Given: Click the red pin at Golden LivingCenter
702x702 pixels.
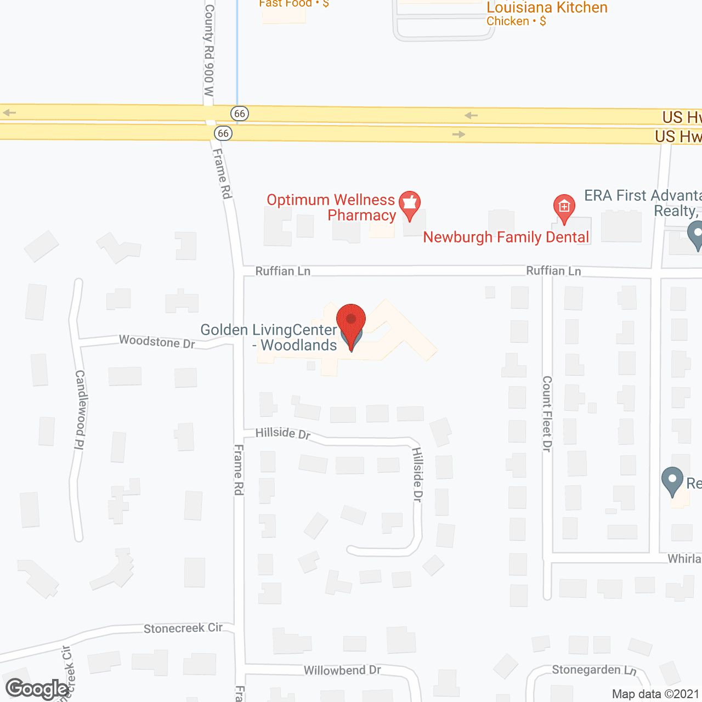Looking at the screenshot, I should pos(350,321).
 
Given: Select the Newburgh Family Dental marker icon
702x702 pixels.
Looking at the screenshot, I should pos(564,207).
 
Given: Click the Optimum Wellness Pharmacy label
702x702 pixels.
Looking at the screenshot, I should pos(331,207).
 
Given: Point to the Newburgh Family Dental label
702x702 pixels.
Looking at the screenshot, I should pos(506,237).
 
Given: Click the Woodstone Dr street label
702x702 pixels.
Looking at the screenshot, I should pos(157,342).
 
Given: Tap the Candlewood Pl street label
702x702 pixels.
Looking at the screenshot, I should pos(80,410).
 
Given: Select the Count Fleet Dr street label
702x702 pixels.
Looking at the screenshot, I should pos(547,414).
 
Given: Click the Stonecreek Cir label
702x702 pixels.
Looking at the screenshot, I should pos(183,629).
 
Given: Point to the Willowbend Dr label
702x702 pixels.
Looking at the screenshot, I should pos(342,670).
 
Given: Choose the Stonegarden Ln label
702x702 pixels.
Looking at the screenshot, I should pos(594,670).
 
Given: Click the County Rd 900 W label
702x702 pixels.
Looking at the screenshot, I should pos(209,50).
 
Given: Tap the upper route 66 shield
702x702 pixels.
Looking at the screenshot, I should pos(240,114).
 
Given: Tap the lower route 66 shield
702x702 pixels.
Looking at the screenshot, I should pos(223,133).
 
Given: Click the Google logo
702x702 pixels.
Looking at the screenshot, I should pos(37,689).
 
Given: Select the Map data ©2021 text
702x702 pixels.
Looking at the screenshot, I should pos(655,694).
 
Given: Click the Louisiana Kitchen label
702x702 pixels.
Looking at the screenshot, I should pos(547,8).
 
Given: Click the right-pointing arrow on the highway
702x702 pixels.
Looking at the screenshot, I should pos(458,134).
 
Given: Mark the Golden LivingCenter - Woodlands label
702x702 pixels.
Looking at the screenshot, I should pos(269,337).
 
